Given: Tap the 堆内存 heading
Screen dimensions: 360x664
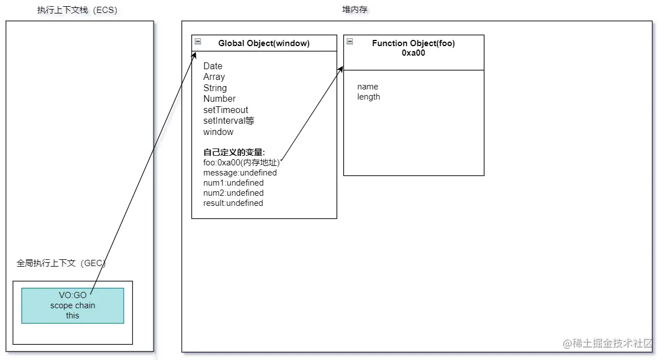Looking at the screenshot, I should pyautogui.click(x=355, y=10).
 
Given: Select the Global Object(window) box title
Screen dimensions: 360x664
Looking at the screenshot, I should pyautogui.click(x=263, y=43).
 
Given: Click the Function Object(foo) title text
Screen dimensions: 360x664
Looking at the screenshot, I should pyautogui.click(x=413, y=43).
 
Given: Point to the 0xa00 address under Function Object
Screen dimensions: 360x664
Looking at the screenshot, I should pyautogui.click(x=413, y=53).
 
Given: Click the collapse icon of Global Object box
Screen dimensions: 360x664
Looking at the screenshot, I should pyautogui.click(x=198, y=42).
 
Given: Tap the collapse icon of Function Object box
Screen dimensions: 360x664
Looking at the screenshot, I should pyautogui.click(x=349, y=42).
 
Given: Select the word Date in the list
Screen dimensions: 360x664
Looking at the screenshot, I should pyautogui.click(x=213, y=66).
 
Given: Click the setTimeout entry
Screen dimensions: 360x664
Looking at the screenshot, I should pyautogui.click(x=225, y=110).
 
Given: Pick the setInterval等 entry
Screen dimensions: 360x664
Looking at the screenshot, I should pyautogui.click(x=229, y=121).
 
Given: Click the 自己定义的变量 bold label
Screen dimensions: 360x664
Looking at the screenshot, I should pyautogui.click(x=234, y=152).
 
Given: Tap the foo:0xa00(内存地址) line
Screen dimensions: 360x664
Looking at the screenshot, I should pyautogui.click(x=241, y=163).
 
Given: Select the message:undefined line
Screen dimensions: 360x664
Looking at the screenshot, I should pyautogui.click(x=240, y=173).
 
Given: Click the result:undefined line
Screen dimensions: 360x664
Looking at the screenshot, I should pyautogui.click(x=233, y=203).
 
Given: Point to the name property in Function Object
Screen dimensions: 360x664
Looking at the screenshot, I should pyautogui.click(x=367, y=87).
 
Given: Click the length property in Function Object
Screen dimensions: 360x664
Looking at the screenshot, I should pyautogui.click(x=369, y=97).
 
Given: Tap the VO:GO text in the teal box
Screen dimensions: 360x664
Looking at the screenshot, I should pyautogui.click(x=73, y=295).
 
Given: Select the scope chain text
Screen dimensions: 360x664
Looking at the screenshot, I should pyautogui.click(x=73, y=305).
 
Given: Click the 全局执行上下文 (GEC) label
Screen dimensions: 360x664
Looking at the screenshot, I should pyautogui.click(x=61, y=263).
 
